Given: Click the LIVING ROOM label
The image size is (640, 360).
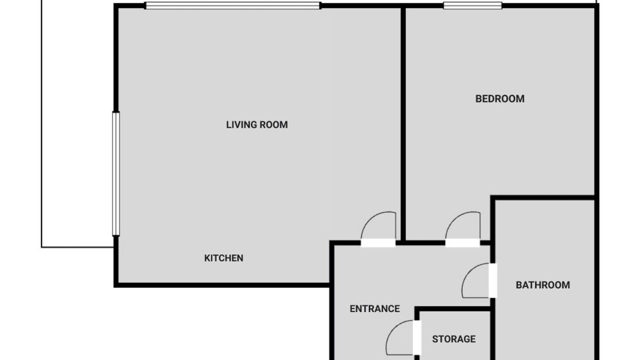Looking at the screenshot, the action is click(257, 125).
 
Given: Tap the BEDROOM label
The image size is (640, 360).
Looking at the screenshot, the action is click(499, 99).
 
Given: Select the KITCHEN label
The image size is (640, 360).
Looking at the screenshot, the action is click(223, 258).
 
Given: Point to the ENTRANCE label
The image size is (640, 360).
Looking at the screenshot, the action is click(375, 309).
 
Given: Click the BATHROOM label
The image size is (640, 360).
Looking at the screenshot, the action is click(543, 285).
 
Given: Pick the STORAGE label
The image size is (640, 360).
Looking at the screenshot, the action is click(454, 339).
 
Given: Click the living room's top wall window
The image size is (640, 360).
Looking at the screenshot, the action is click(232, 5).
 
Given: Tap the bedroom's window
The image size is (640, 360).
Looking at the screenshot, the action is click(472, 5).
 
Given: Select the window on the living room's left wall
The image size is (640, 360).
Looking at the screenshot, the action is click(115, 174).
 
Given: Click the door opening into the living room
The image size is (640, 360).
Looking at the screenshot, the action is click(378, 243).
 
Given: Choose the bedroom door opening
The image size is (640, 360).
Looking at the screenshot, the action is click(462, 243).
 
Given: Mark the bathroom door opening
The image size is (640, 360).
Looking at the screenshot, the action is click(493, 280).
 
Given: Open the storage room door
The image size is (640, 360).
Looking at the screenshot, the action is click(417, 337).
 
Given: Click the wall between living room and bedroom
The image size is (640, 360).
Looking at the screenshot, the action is click(403, 123).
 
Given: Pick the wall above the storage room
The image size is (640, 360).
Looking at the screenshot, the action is click(453, 309).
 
